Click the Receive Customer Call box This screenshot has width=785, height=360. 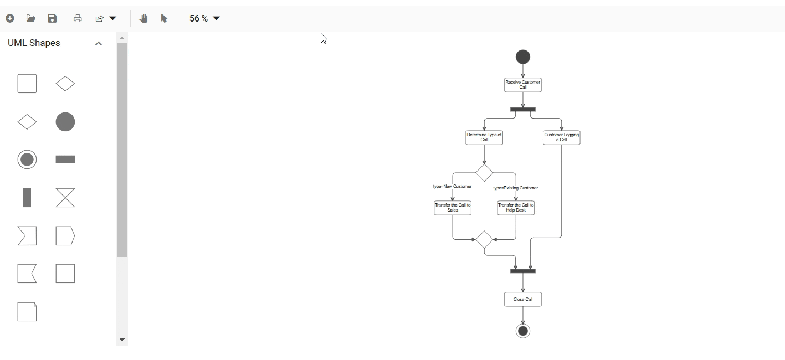[522, 85]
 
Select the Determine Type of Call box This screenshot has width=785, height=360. [484, 137]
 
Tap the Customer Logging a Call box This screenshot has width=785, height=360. [561, 137]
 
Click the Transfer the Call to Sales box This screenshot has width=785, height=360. [453, 208]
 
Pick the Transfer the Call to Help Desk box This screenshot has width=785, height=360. [516, 208]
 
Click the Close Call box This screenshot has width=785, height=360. [522, 299]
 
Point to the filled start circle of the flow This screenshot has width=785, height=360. [522, 57]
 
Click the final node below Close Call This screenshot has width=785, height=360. [522, 331]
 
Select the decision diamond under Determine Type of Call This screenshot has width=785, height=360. [484, 173]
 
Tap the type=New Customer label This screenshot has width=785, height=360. [452, 187]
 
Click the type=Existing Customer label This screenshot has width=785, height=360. [515, 188]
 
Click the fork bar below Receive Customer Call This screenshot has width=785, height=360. [522, 110]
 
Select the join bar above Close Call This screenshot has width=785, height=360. [522, 271]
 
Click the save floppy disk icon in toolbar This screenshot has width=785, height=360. [52, 18]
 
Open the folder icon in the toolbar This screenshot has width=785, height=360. [31, 18]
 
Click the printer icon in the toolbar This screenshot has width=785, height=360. [78, 18]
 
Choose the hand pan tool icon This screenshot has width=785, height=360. [143, 18]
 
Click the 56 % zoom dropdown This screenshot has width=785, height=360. [204, 18]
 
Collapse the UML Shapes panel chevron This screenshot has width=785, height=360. [99, 43]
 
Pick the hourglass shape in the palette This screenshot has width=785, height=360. [65, 198]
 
